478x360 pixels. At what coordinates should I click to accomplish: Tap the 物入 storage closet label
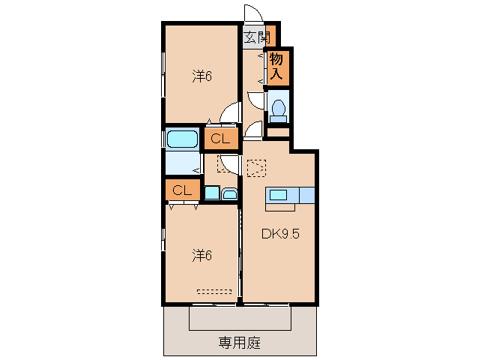pos(276,66)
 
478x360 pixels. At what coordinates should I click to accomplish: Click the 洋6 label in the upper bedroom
pos(202,75)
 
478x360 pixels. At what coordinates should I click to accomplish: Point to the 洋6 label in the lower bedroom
pos(202,255)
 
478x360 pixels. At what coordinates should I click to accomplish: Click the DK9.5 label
pos(280,233)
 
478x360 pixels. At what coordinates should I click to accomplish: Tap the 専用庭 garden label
pos(240,342)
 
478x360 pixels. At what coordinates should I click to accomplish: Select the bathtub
pos(182,139)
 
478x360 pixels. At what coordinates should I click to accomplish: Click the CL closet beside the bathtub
pos(220,138)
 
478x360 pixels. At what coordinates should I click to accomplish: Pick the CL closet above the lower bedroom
pos(182,190)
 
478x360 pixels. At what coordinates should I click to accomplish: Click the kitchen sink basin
pos(278,195)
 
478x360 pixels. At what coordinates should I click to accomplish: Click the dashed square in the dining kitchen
pos(256,167)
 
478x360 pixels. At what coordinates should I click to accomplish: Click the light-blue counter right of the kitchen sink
pos(307,195)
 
